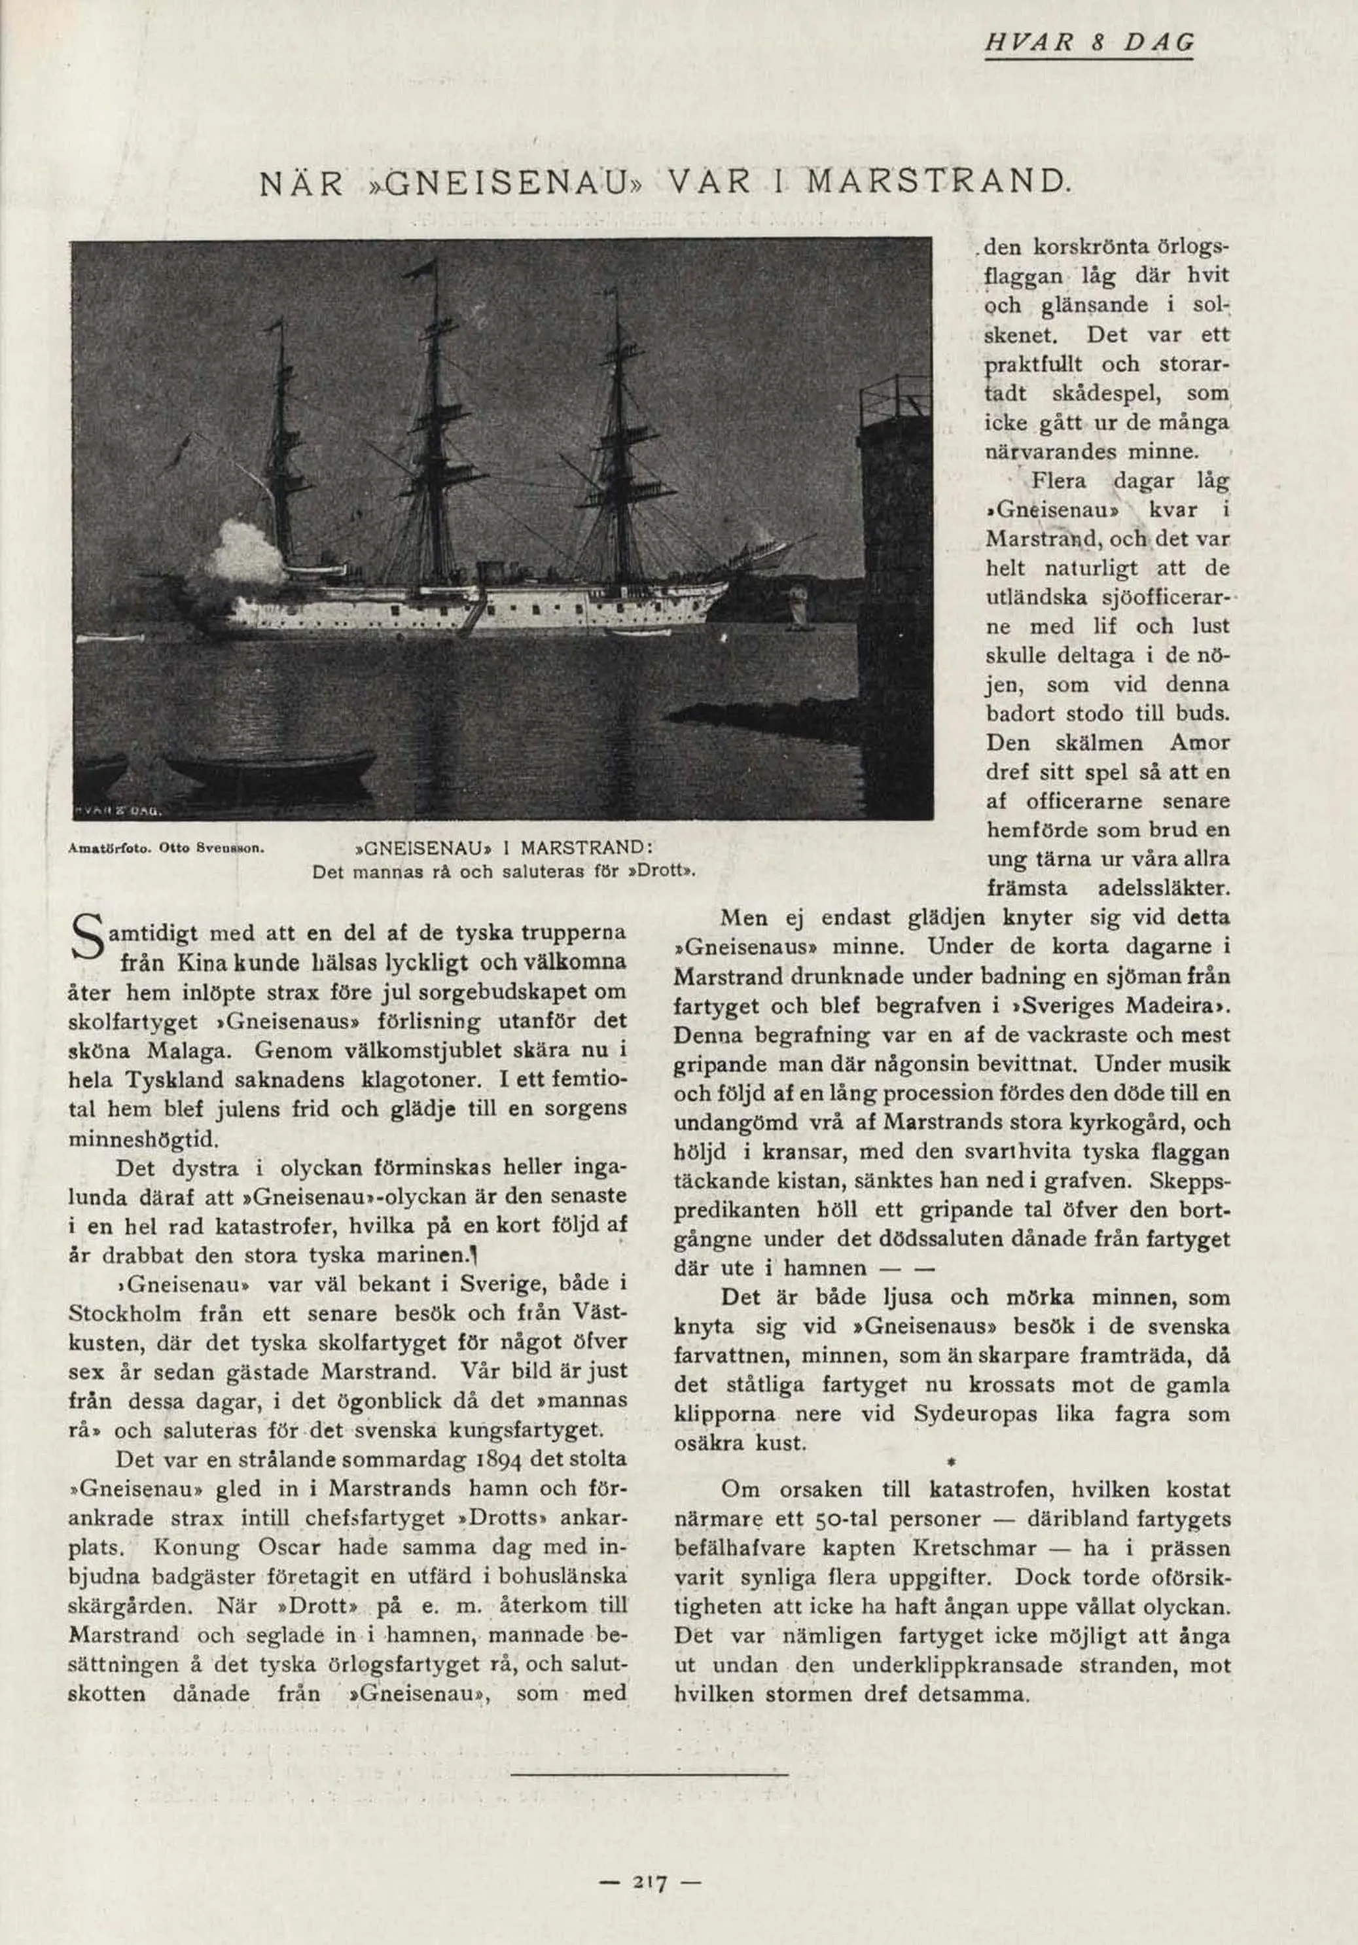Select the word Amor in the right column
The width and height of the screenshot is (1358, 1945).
[1198, 743]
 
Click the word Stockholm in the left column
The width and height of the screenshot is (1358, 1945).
[124, 1315]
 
